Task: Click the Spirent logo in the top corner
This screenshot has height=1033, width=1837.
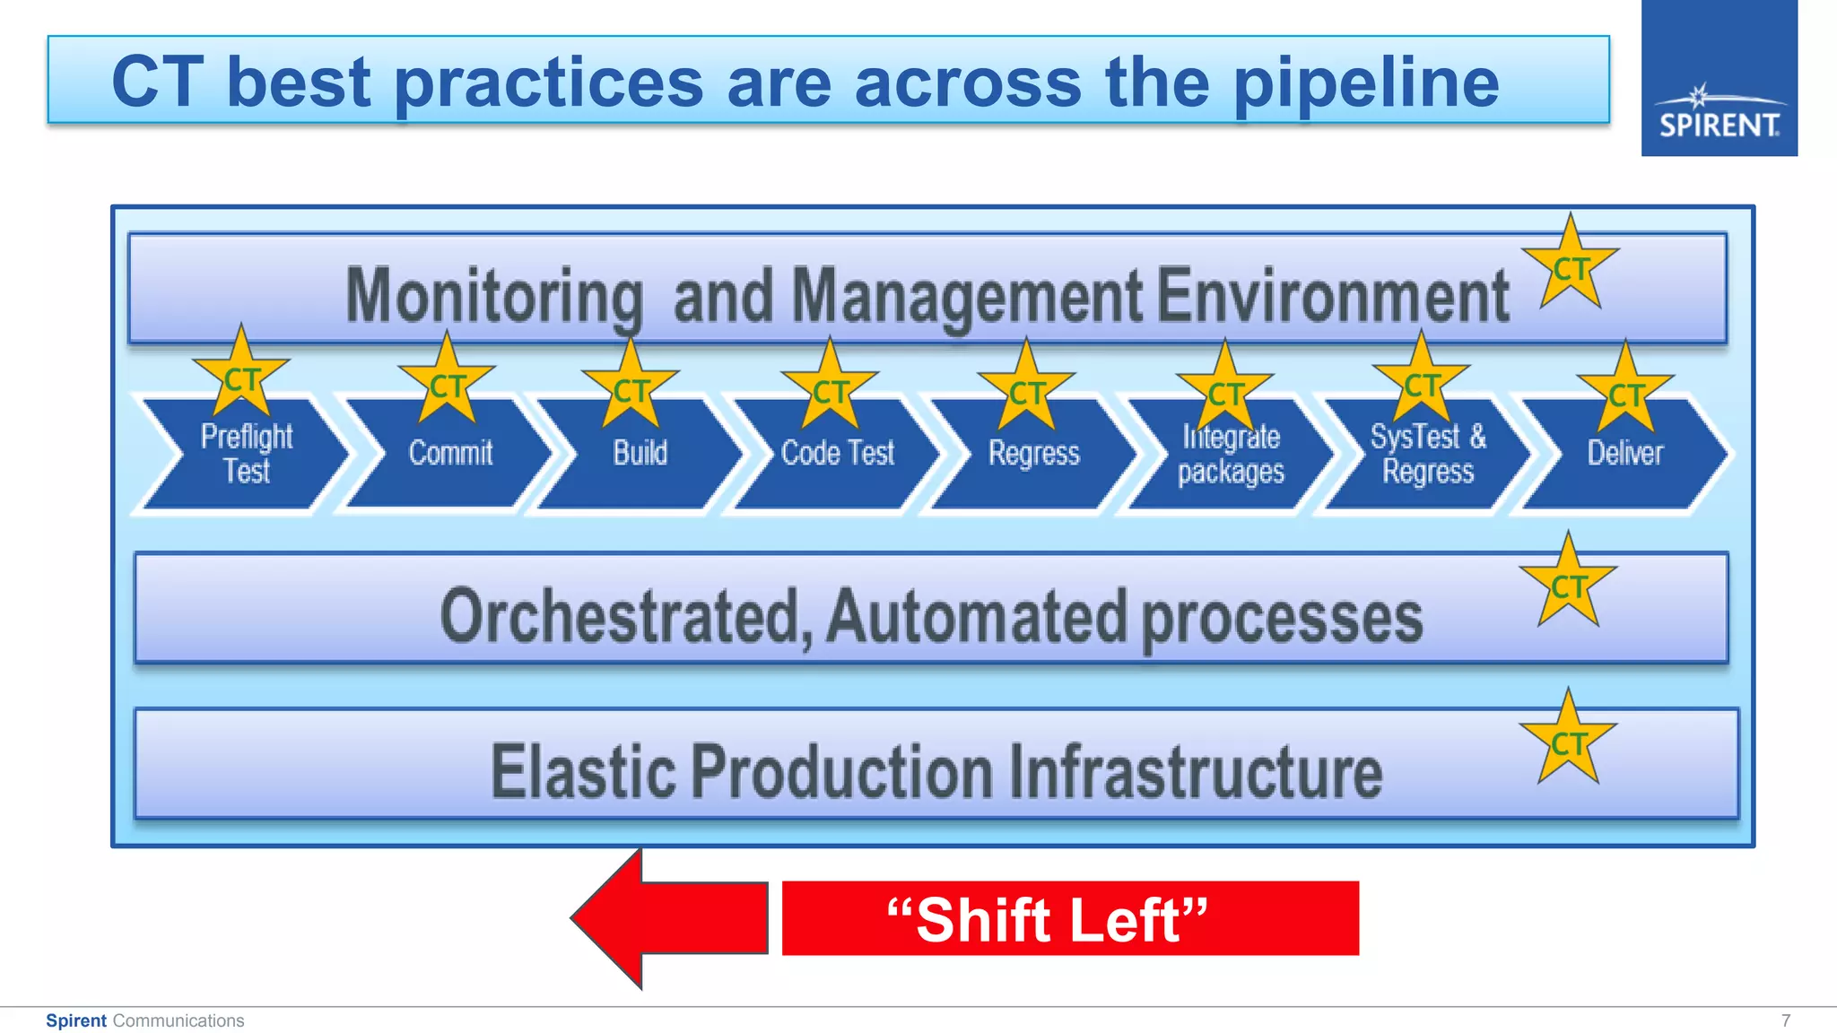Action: pyautogui.click(x=1719, y=79)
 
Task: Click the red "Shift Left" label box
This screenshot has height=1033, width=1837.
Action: pyautogui.click(x=1069, y=918)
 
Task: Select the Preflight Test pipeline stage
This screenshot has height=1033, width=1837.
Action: pyautogui.click(x=246, y=456)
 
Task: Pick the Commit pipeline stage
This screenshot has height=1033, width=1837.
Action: pyautogui.click(x=450, y=456)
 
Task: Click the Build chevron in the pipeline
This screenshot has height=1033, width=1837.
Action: pyautogui.click(x=640, y=456)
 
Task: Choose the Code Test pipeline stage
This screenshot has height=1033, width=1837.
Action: pyautogui.click(x=838, y=456)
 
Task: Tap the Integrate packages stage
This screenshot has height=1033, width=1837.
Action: pyautogui.click(x=1231, y=456)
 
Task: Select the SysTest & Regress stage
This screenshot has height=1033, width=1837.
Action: pyautogui.click(x=1428, y=456)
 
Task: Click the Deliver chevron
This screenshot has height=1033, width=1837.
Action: pyautogui.click(x=1625, y=456)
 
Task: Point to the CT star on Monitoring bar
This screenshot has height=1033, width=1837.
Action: pyautogui.click(x=1570, y=267)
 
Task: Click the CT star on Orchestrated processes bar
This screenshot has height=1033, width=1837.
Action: pyautogui.click(x=1568, y=586)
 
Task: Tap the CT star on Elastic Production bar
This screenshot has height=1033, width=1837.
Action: pyautogui.click(x=1568, y=742)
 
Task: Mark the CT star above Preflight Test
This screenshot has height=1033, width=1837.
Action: pyautogui.click(x=240, y=377)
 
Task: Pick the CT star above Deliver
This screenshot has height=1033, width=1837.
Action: pyautogui.click(x=1625, y=391)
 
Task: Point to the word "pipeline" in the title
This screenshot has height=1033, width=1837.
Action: pyautogui.click(x=1365, y=82)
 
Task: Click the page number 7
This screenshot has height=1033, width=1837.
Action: pyautogui.click(x=1786, y=1020)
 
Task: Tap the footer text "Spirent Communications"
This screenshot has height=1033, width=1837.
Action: pyautogui.click(x=144, y=1020)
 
